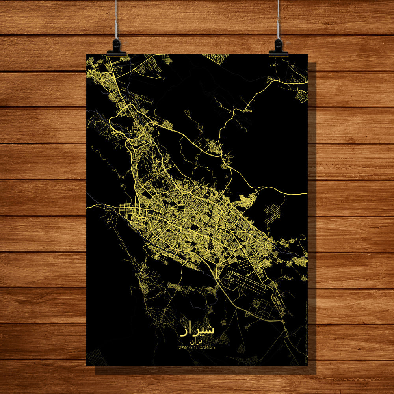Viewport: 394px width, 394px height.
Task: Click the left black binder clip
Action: [x=116, y=47]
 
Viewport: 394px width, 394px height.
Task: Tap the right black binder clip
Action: [x=278, y=47]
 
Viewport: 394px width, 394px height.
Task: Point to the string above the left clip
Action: [x=116, y=20]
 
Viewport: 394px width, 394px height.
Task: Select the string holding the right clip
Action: [x=278, y=20]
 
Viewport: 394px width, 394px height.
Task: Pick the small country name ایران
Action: [x=197, y=342]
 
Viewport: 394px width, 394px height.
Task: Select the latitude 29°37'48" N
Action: [x=188, y=348]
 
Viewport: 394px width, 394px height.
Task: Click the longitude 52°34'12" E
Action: [x=208, y=348]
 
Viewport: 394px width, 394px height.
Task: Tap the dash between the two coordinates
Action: [x=197, y=348]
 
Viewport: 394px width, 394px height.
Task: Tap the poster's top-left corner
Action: [x=87, y=54]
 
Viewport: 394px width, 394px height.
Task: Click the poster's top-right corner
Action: [x=307, y=54]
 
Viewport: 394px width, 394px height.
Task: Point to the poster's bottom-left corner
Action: [x=87, y=366]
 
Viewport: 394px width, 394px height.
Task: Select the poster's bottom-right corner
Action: [x=307, y=366]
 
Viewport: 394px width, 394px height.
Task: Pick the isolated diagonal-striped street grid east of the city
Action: [x=273, y=213]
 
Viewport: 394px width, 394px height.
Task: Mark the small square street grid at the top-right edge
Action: [x=302, y=96]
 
